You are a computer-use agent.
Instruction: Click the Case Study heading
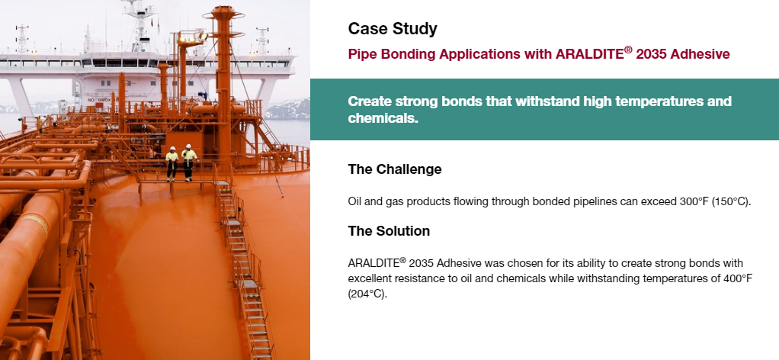pos(393,29)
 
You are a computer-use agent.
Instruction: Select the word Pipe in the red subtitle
pos(361,54)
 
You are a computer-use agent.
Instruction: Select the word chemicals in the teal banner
pos(383,118)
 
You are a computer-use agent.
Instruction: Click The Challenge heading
pos(395,169)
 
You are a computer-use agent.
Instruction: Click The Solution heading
pos(389,230)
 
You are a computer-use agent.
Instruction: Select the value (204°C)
pos(367,294)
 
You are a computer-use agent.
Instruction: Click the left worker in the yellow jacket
pos(172,163)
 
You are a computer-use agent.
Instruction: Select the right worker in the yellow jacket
pos(188,162)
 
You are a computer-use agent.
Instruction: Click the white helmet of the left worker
pos(172,148)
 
